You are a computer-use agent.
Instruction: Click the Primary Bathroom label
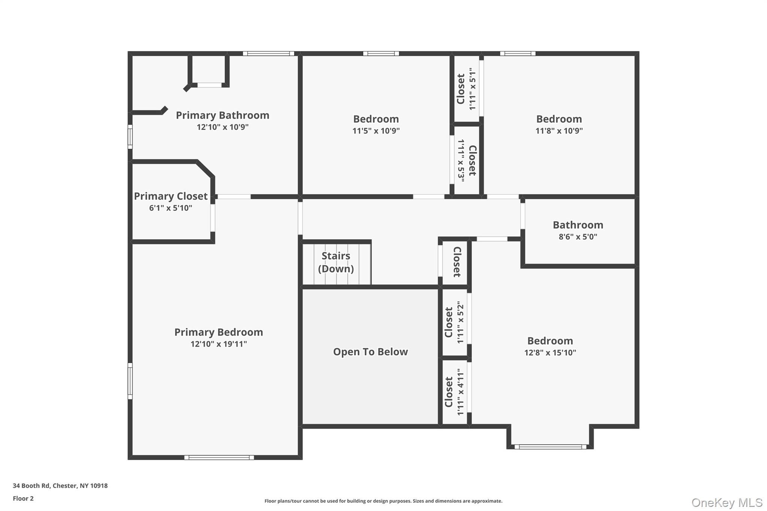coord(222,115)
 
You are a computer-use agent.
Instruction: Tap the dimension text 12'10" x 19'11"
coord(219,344)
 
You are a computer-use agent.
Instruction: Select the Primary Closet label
coord(171,196)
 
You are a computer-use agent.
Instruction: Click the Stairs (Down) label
coord(336,262)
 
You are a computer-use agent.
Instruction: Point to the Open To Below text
coord(370,352)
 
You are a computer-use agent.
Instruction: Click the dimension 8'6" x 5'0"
coord(578,237)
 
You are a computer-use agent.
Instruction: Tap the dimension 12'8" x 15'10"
coord(550,353)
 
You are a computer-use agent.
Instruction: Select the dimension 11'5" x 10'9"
coord(376,131)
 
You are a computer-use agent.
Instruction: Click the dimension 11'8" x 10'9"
coord(559,131)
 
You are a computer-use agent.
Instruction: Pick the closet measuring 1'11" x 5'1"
coord(467,89)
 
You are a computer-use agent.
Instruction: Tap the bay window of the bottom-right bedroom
coord(550,447)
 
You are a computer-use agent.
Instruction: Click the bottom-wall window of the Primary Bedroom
coord(219,457)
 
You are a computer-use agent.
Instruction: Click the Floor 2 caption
coord(23,499)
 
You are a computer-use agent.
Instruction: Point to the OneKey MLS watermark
coord(727,503)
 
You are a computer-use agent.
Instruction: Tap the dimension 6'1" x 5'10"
coord(171,208)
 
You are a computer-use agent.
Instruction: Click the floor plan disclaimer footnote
coord(383,501)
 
